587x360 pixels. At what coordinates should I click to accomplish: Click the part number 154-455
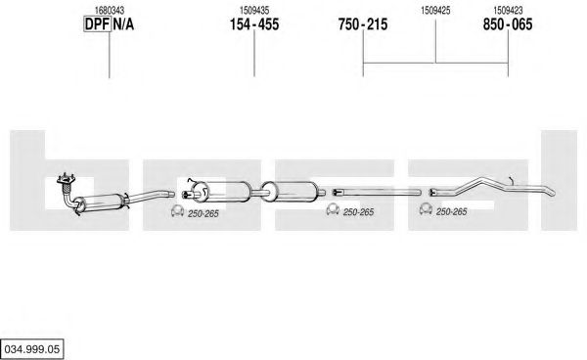(254, 24)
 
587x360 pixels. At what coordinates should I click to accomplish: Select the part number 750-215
(363, 24)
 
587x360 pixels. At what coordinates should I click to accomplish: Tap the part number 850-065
(508, 24)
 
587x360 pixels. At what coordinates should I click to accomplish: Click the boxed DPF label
(97, 24)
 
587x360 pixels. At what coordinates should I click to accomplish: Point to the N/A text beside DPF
(123, 24)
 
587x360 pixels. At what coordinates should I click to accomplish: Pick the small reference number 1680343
(110, 10)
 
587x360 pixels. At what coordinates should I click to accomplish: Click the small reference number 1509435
(254, 10)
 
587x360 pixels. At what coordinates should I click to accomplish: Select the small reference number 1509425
(435, 10)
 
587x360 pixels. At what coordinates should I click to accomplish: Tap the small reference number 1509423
(508, 10)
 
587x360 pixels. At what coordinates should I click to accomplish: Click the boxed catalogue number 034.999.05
(32, 349)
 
